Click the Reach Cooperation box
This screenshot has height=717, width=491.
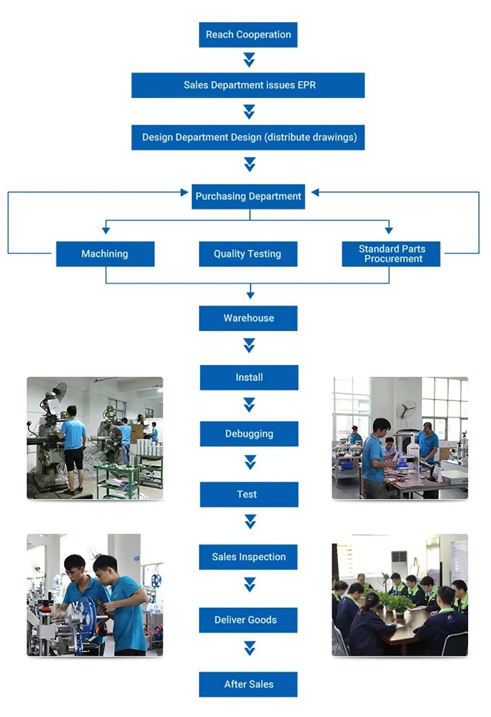pos(248,35)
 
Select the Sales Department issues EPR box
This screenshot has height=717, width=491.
pos(248,85)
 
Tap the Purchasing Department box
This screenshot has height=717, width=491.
pos(248,196)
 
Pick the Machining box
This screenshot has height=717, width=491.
pos(105,254)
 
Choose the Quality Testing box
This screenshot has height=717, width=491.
pos(248,254)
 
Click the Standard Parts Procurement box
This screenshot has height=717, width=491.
pos(391,254)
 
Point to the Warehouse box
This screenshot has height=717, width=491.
pos(248,318)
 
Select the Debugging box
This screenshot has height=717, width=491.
pos(249,434)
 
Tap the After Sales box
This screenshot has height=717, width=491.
pos(248,684)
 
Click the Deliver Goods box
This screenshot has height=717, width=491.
pos(248,620)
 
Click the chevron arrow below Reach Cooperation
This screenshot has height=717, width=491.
pos(249,60)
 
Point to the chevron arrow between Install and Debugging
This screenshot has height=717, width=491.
pos(249,405)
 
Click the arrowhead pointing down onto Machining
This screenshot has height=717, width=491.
pos(106,230)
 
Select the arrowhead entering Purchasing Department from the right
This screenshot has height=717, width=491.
pos(315,192)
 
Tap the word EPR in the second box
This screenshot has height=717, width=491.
pos(306,85)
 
